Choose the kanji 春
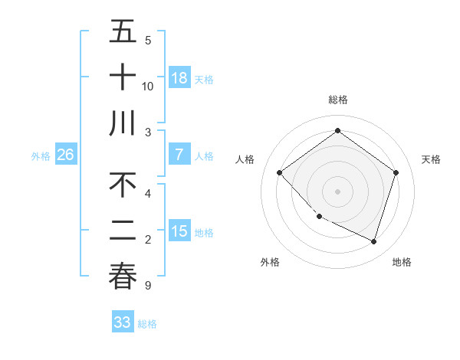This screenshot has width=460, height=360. pos(123,277)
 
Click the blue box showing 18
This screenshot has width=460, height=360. pos(179,77)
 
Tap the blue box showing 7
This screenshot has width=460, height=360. pos(179,155)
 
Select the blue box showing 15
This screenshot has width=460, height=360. pos(179,231)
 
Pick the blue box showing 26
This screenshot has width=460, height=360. pos(65,155)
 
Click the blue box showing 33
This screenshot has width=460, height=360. pos(122,322)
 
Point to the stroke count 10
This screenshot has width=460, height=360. pos(148,86)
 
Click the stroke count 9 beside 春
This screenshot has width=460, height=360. pos(147,286)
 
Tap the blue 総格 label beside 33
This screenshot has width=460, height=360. pos(147,324)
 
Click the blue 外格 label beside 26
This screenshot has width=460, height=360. pos(41,156)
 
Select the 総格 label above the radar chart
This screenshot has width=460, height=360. pos(337,100)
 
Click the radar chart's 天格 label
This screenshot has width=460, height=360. pos(432,159)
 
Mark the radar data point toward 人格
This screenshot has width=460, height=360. pos(280,173)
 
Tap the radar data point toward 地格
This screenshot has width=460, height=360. pos(373,241)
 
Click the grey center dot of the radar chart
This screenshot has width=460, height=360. pos(337,191)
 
